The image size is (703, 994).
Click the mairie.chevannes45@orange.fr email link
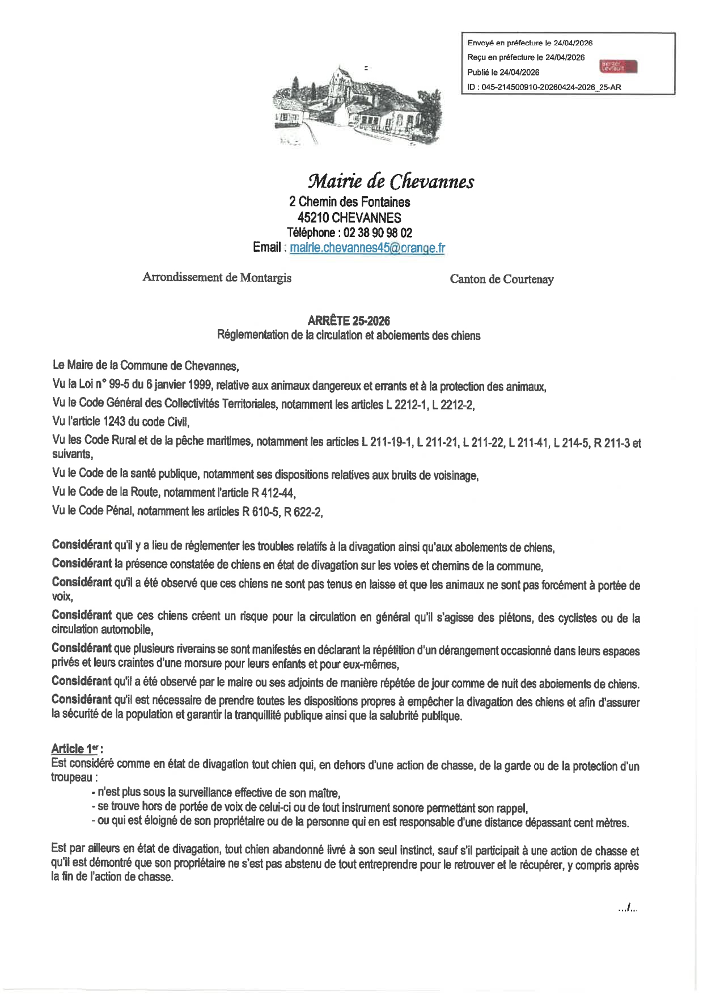click(x=367, y=248)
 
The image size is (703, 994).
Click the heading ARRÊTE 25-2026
click(x=349, y=320)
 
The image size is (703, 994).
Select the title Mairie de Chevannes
click(x=391, y=181)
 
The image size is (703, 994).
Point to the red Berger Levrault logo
click(x=618, y=66)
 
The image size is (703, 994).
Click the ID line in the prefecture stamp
click(x=544, y=87)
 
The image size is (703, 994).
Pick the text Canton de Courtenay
click(x=502, y=279)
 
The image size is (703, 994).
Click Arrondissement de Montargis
click(x=217, y=277)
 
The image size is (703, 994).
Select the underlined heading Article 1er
click(x=77, y=748)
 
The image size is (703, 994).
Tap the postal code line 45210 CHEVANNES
click(x=349, y=218)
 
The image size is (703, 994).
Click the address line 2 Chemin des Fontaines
click(x=349, y=202)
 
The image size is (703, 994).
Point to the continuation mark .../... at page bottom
click(x=628, y=908)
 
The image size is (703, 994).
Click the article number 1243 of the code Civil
click(x=114, y=421)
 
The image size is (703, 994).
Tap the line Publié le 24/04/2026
click(x=503, y=73)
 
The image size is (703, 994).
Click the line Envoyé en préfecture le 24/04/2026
click(x=530, y=43)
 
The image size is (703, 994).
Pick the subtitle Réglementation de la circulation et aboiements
click(x=349, y=335)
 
